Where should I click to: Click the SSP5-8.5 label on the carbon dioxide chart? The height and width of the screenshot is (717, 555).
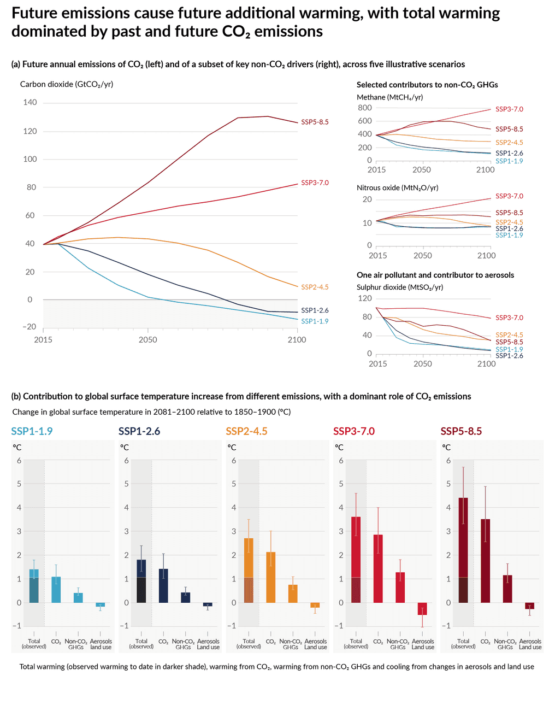(315, 122)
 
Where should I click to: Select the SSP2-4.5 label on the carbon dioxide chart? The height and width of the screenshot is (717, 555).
(315, 287)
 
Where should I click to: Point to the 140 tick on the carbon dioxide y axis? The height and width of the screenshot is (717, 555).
(30, 102)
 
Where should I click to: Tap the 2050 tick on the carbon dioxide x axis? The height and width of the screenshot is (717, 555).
(147, 339)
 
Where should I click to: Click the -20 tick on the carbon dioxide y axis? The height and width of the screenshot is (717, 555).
(29, 327)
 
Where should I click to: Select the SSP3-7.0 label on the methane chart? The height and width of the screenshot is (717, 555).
(509, 109)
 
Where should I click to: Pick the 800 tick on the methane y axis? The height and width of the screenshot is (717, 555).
(365, 108)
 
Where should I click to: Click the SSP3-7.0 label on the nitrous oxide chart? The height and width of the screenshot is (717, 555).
(509, 196)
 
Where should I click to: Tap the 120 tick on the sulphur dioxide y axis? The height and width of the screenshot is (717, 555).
(365, 298)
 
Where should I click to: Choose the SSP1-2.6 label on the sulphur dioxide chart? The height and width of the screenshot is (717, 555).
(509, 356)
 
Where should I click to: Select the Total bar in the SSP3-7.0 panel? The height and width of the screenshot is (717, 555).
(356, 560)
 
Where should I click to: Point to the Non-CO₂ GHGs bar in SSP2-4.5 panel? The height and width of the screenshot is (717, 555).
(293, 593)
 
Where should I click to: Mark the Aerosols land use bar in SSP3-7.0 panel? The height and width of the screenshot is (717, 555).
(422, 609)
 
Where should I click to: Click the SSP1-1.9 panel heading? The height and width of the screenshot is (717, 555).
(32, 431)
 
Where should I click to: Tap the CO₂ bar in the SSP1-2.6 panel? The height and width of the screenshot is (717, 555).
(163, 586)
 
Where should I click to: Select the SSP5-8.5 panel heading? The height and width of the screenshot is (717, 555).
(461, 431)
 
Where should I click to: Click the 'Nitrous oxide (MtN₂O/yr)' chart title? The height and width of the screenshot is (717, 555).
(397, 187)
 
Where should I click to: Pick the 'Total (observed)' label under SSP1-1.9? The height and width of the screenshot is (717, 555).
(34, 644)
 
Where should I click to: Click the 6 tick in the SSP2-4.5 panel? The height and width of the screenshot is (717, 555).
(234, 461)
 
